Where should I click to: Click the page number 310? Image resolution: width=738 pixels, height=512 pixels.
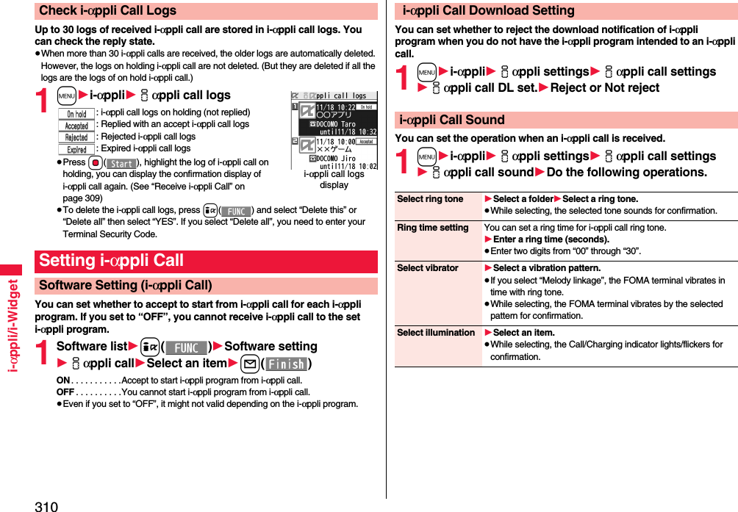(x=46, y=505)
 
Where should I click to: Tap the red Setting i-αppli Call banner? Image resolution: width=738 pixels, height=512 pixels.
(x=111, y=261)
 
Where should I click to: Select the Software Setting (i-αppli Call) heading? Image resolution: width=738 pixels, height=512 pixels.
(x=126, y=285)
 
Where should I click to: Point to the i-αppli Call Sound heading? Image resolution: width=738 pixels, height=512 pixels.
(x=451, y=120)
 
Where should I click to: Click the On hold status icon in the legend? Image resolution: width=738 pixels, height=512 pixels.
(x=76, y=114)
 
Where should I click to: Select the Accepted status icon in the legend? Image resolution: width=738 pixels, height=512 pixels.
(x=76, y=126)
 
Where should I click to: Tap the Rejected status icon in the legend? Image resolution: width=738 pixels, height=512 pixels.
(x=76, y=137)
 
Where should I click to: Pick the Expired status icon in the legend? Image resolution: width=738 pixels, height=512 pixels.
(x=76, y=149)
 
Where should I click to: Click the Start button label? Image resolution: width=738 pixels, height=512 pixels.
(x=122, y=163)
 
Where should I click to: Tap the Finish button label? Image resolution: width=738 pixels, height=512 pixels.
(x=286, y=364)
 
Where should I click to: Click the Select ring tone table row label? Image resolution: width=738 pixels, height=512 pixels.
(x=430, y=199)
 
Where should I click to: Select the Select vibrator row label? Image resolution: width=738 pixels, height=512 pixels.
(x=427, y=268)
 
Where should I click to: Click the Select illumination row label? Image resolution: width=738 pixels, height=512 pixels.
(x=436, y=333)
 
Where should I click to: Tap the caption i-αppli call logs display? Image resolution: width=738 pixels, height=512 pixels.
(x=334, y=179)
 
